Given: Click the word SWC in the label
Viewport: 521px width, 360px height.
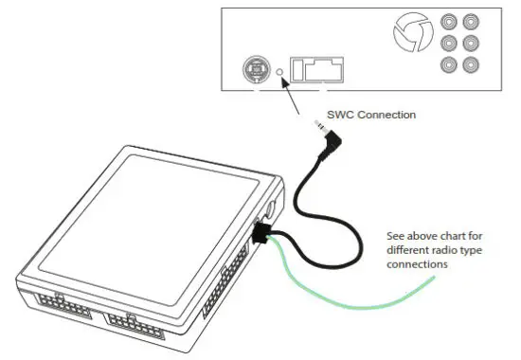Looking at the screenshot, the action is click(341, 115).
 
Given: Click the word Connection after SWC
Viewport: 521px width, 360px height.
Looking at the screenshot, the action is click(386, 115).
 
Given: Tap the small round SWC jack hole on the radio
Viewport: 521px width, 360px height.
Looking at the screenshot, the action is click(280, 71).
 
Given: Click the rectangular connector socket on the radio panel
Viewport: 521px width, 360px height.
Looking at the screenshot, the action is click(316, 69).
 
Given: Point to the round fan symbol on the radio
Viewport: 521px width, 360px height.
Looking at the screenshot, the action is click(410, 36).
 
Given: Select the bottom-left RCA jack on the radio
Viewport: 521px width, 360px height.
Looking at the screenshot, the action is click(449, 64).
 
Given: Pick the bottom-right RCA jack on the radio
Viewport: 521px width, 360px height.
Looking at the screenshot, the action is click(471, 64).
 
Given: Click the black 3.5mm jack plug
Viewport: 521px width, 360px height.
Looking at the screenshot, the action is click(328, 143).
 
